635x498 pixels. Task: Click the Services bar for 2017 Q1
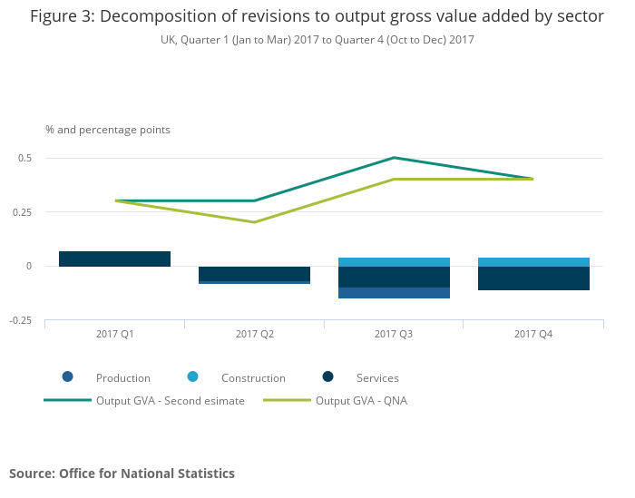114,259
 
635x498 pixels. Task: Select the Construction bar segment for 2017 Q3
394,262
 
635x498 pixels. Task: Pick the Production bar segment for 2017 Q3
394,293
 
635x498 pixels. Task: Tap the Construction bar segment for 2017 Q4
533,262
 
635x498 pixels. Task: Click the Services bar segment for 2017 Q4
533,278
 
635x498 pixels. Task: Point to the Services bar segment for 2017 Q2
254,273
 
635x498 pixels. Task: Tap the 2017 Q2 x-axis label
254,335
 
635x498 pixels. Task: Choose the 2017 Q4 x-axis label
533,335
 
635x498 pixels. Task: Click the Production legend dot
68,377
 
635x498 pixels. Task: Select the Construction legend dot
193,377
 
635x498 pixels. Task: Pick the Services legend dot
327,377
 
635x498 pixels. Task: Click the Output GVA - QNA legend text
361,401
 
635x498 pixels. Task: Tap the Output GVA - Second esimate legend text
171,401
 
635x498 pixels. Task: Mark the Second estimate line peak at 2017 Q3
394,158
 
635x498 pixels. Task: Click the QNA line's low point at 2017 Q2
254,222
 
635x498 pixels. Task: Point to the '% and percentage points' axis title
108,130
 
